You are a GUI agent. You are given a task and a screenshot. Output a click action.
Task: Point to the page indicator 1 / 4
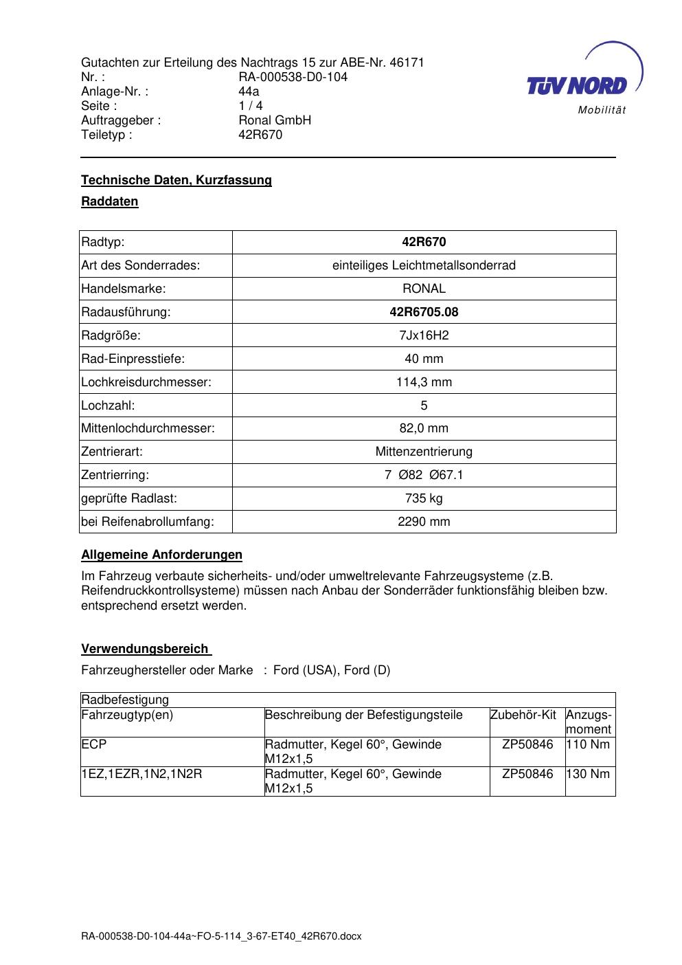[250, 106]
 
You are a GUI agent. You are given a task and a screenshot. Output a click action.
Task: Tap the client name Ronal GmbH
[275, 120]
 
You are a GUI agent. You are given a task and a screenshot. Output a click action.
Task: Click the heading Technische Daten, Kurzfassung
[177, 180]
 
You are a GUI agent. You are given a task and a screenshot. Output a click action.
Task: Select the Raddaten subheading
[110, 201]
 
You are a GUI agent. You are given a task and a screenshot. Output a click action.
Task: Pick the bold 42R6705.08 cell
[424, 312]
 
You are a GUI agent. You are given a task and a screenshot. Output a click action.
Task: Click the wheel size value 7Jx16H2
[424, 335]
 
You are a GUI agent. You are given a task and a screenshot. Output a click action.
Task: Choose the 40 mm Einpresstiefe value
[424, 359]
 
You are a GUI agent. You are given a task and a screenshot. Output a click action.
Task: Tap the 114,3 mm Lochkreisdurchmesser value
[424, 382]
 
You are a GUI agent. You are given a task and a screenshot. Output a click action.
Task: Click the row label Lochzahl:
[108, 406]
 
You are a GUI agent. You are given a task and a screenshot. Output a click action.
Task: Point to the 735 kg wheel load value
[424, 498]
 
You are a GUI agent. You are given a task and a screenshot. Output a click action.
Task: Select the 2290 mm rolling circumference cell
[424, 522]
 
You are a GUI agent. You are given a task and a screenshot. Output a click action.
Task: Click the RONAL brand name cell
[424, 289]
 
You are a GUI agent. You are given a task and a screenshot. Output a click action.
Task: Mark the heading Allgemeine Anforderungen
[161, 555]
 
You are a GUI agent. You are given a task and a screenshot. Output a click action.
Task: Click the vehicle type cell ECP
[93, 744]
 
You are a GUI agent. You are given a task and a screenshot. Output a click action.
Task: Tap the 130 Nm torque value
[589, 774]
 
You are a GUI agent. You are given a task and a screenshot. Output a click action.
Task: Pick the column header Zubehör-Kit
[523, 715]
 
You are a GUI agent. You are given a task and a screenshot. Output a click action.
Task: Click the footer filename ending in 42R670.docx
[221, 936]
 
